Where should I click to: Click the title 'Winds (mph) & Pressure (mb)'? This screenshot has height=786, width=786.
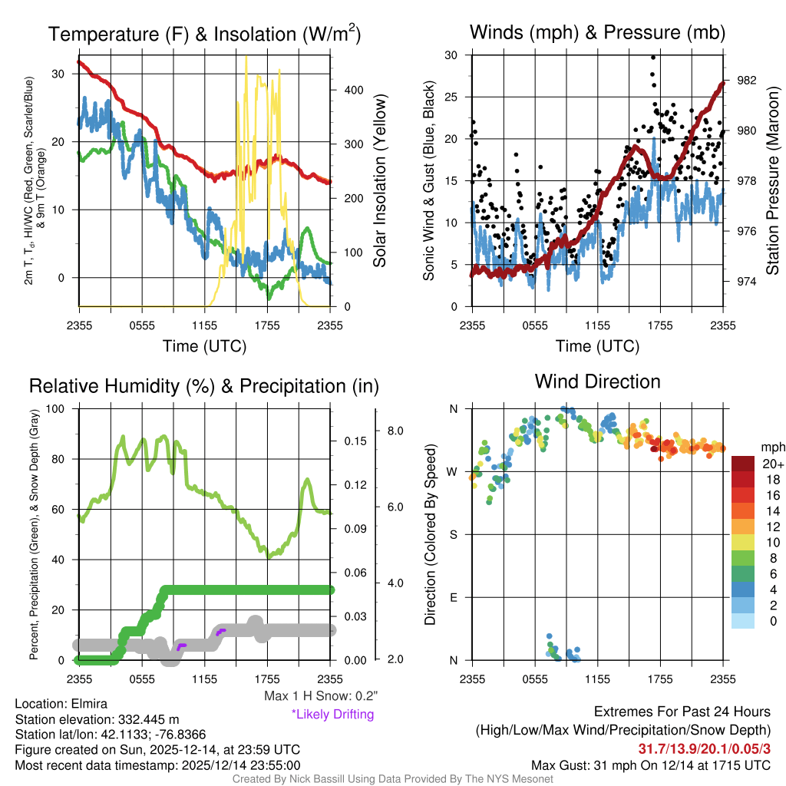tap(597, 32)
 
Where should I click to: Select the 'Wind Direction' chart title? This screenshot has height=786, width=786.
tap(597, 381)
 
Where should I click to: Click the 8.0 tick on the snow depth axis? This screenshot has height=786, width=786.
tap(394, 431)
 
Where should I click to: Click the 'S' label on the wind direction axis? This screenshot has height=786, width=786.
tap(452, 534)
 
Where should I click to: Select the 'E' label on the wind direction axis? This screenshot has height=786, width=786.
tap(452, 597)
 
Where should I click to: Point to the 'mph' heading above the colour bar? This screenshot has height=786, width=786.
tap(771, 447)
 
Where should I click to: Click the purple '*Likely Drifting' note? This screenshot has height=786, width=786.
tap(332, 715)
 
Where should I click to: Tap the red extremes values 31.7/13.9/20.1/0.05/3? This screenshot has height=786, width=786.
tap(704, 748)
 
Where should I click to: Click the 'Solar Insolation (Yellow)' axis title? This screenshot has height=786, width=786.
tap(379, 181)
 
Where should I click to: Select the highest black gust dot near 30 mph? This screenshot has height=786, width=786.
tap(652, 57)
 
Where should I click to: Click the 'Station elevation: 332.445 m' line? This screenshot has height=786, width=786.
tap(97, 719)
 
